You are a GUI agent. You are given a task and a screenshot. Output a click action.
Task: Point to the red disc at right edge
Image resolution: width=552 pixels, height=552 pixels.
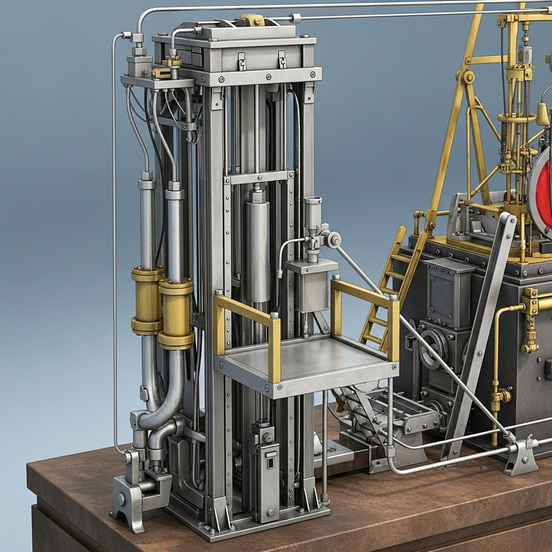coord(541,190)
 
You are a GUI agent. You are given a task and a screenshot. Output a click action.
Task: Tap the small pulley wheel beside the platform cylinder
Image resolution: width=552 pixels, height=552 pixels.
coord(334,239)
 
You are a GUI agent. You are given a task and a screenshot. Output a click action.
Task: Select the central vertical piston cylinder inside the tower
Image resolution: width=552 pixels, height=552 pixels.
coord(258,248)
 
